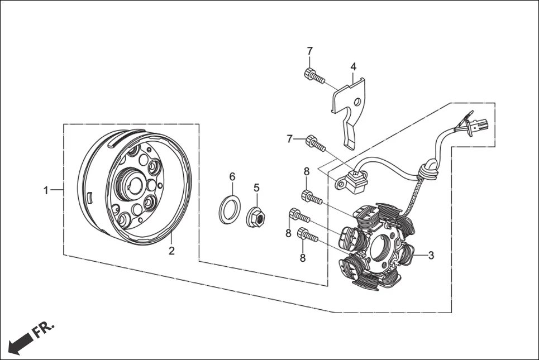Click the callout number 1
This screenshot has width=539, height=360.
(46, 190)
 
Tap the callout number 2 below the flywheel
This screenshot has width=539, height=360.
(171, 251)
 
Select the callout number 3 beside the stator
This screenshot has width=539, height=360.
(431, 255)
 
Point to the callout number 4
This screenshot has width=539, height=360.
(354, 66)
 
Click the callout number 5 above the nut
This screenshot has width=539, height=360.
(256, 188)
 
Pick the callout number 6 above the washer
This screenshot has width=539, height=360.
(232, 177)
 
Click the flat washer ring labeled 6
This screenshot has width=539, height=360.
(230, 209)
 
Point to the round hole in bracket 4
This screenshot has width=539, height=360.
(357, 102)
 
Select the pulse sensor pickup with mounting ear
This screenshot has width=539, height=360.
(352, 179)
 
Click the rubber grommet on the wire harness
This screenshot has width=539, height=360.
(427, 169)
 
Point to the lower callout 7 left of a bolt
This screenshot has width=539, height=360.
(289, 139)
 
